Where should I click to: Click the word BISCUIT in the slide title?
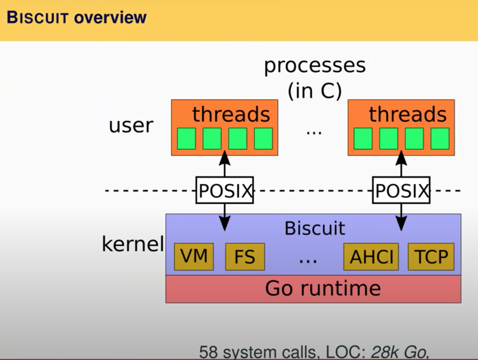37,18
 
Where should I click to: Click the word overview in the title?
110,18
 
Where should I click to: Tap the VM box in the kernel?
194,256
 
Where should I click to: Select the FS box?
245,257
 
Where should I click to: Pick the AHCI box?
371,257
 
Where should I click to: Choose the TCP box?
431,257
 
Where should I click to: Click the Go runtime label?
323,289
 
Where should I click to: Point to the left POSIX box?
224,190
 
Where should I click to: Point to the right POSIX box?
401,190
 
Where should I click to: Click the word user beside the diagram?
131,126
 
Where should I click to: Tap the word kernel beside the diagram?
133,244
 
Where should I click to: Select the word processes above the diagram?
315,65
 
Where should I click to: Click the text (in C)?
315,91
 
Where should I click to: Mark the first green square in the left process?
186,139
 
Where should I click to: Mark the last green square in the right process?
440,139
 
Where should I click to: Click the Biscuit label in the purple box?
315,228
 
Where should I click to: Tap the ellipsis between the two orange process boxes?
314,132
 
